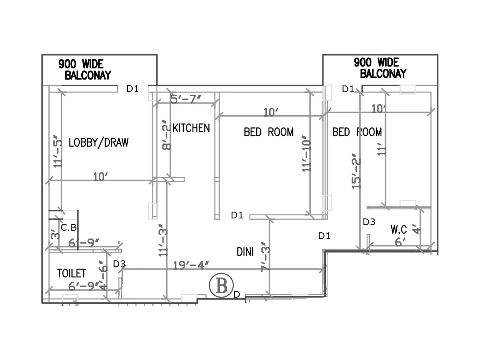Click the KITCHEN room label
click(x=191, y=128)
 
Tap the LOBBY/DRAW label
click(x=98, y=142)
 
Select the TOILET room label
click(x=71, y=273)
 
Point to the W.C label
click(x=398, y=230)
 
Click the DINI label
click(x=245, y=252)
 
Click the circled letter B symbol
click(x=221, y=285)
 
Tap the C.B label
click(x=68, y=228)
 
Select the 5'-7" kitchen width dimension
click(x=185, y=99)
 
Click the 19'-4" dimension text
click(x=191, y=265)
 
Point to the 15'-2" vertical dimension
click(x=356, y=171)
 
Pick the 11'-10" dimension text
click(x=306, y=154)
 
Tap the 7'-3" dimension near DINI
click(x=265, y=257)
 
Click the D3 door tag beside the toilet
click(x=119, y=264)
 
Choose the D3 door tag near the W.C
click(x=369, y=222)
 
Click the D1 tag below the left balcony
click(x=132, y=88)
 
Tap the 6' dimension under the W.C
click(x=400, y=242)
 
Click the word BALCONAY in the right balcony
click(x=383, y=73)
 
